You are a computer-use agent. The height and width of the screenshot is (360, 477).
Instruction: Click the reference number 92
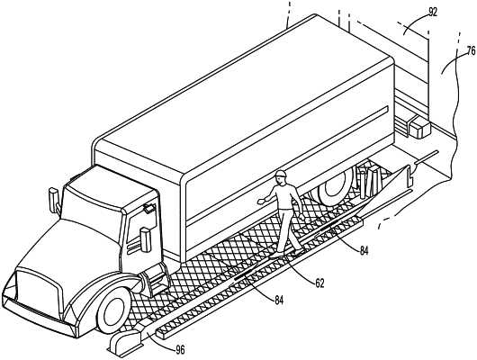coord(433,13)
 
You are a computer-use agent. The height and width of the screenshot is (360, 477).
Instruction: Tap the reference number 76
coord(471,50)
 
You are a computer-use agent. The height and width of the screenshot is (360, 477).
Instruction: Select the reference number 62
coord(319,283)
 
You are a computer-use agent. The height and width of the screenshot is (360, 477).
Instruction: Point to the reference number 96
coord(180,350)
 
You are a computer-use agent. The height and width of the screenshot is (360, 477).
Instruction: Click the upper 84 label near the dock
coord(364,250)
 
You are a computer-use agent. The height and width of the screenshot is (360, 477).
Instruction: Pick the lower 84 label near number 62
coord(279,301)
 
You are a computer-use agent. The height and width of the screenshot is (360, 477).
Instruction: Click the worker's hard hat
coord(281,174)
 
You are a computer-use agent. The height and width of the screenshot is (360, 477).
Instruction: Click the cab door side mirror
coord(146,239)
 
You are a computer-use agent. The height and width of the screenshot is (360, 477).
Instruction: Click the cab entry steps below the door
coord(156,279)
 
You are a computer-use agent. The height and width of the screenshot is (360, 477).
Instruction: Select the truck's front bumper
coord(37,317)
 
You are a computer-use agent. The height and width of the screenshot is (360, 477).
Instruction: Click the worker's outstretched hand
coord(261,201)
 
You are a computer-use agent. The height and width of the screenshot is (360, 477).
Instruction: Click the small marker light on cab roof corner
coord(148,209)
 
